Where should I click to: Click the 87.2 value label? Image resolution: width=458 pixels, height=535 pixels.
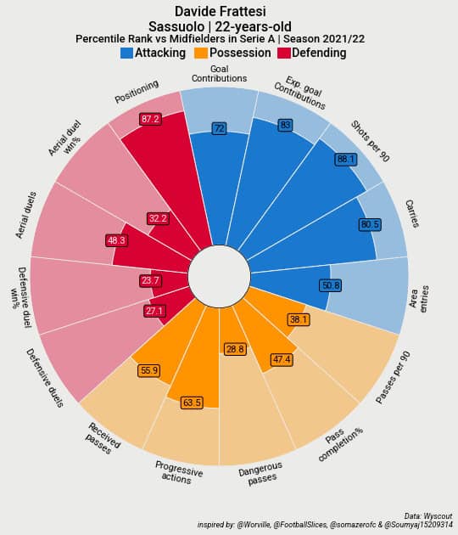[x=150, y=119]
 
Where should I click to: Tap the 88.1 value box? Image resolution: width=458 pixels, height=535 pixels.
[x=345, y=159]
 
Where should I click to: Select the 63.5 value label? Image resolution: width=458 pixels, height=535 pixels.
[x=192, y=403]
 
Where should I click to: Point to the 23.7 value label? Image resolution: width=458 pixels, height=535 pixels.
[x=149, y=280]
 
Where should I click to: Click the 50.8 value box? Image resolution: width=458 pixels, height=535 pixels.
[x=331, y=285]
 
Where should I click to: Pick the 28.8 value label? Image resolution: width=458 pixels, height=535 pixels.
[x=235, y=349]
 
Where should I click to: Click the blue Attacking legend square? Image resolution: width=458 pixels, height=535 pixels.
[x=126, y=53]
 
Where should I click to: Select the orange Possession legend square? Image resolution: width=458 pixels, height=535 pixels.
[x=201, y=53]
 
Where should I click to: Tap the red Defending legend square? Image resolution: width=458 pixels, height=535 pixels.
[x=284, y=53]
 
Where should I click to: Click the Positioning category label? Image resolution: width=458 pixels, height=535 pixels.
[x=137, y=93]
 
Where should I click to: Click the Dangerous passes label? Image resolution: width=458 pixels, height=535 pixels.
[x=260, y=474]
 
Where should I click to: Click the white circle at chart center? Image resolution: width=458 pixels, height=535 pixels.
[x=219, y=276]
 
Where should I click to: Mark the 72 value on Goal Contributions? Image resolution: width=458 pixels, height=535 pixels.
[x=219, y=128]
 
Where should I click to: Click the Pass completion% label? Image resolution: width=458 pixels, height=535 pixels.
[x=339, y=445]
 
